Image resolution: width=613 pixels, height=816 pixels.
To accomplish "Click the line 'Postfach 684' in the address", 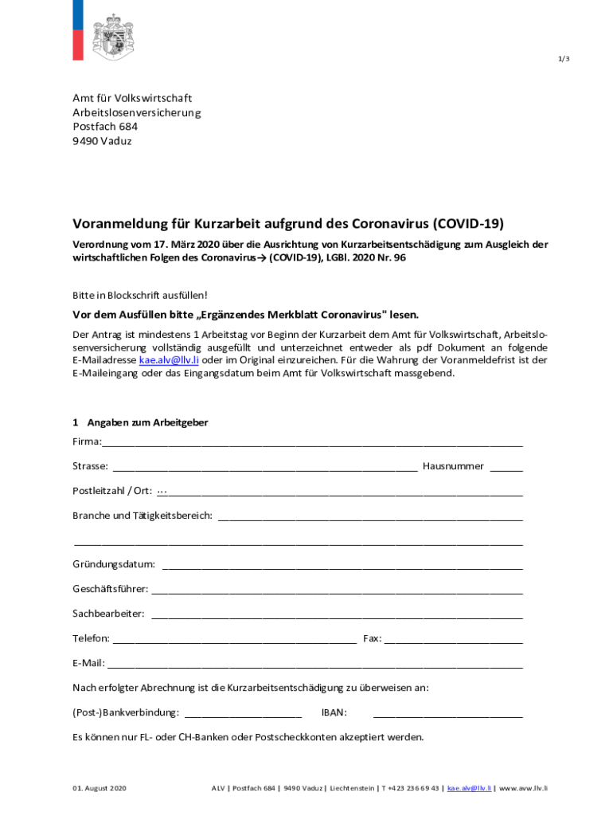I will tap(105, 127).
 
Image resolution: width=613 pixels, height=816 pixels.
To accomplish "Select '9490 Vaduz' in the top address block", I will tap(102, 141).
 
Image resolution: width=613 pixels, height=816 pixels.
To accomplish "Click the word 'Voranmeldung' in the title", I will tap(119, 224).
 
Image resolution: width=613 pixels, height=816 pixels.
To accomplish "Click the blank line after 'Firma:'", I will tap(312, 443).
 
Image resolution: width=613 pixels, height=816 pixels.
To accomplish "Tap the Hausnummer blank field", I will tap(506, 468).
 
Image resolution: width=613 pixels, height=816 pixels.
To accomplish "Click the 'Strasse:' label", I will tap(90, 466).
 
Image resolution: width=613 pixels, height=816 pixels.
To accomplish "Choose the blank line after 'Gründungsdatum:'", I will tap(342, 567).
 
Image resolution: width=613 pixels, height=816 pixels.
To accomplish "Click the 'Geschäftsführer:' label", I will tap(110, 589).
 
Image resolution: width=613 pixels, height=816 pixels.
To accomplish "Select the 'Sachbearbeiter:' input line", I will tap(337, 616).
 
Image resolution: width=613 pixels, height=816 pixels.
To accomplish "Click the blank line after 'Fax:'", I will tap(454, 640).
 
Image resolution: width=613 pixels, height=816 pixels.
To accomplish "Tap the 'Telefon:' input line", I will tap(235, 640).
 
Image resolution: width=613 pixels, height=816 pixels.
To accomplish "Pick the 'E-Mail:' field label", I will tap(88, 663).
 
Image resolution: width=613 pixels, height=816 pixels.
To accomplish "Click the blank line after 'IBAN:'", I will tap(448, 715).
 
